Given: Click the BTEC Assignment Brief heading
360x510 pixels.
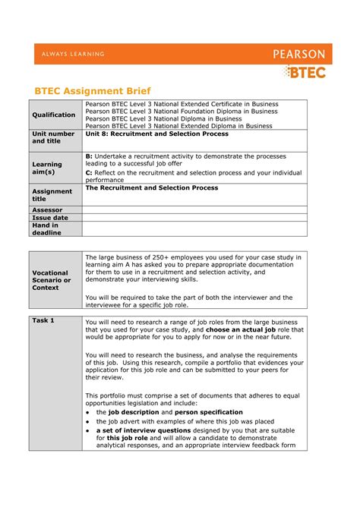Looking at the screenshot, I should [90, 89].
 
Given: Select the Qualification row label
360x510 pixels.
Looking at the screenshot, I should [54, 115].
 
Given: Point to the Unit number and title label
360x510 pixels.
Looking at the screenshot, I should [53, 137].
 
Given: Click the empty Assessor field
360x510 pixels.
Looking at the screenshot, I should [194, 209].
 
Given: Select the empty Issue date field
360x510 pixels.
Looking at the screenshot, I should [194, 218].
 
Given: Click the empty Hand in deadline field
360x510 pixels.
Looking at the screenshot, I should [194, 229].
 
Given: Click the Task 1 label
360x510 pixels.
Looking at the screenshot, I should [43, 321].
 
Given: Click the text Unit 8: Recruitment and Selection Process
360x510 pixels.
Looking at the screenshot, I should [156, 134].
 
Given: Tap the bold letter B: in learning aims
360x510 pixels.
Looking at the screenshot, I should [89, 156].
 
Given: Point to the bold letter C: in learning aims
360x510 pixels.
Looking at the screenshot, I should [89, 172].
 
